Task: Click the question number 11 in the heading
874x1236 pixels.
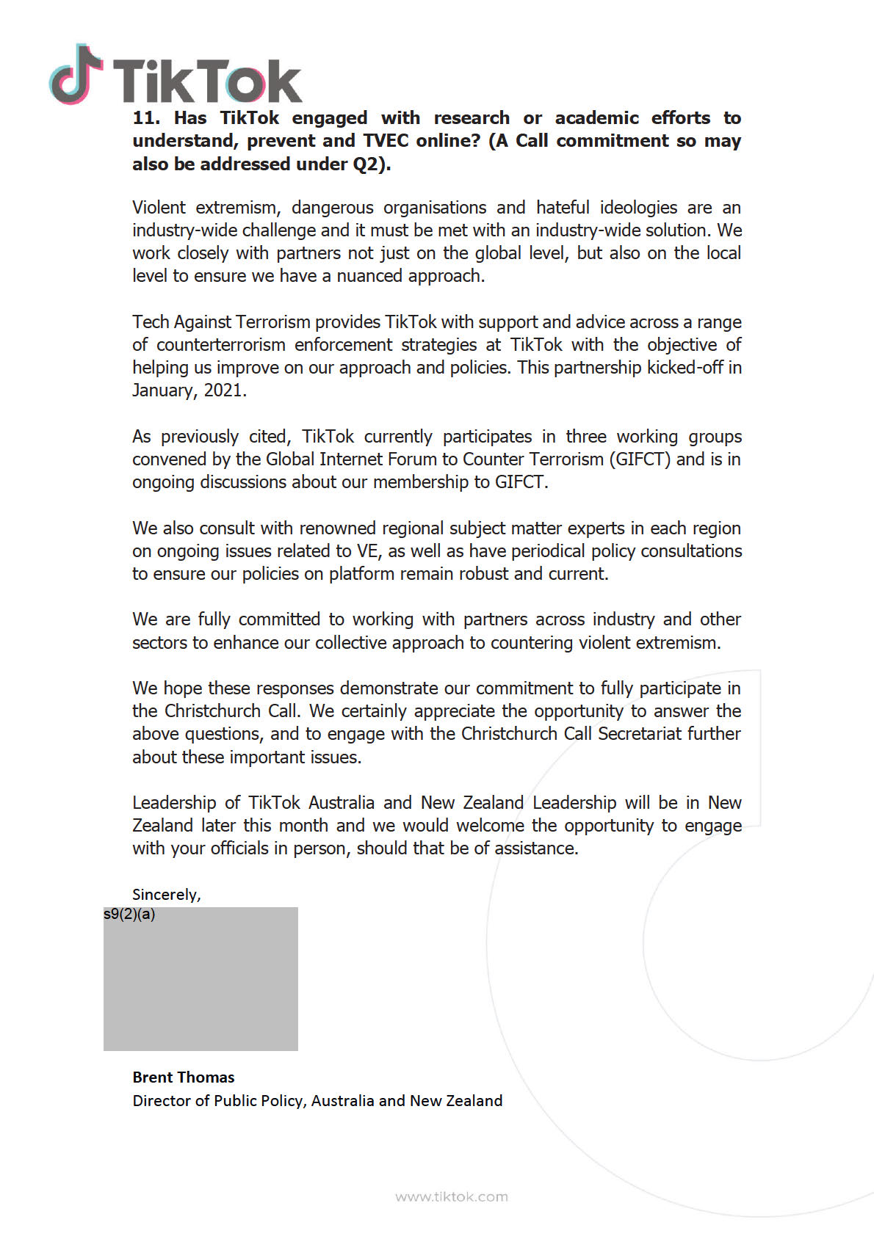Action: tap(145, 118)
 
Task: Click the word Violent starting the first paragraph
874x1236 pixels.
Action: tap(159, 208)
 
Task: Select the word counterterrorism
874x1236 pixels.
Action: tap(220, 345)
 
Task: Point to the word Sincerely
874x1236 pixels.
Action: tap(165, 895)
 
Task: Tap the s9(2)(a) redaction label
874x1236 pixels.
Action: tap(129, 915)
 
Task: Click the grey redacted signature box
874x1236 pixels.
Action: tap(201, 984)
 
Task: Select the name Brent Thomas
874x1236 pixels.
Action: tap(184, 1077)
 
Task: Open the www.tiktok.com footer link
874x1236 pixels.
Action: tap(451, 1197)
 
